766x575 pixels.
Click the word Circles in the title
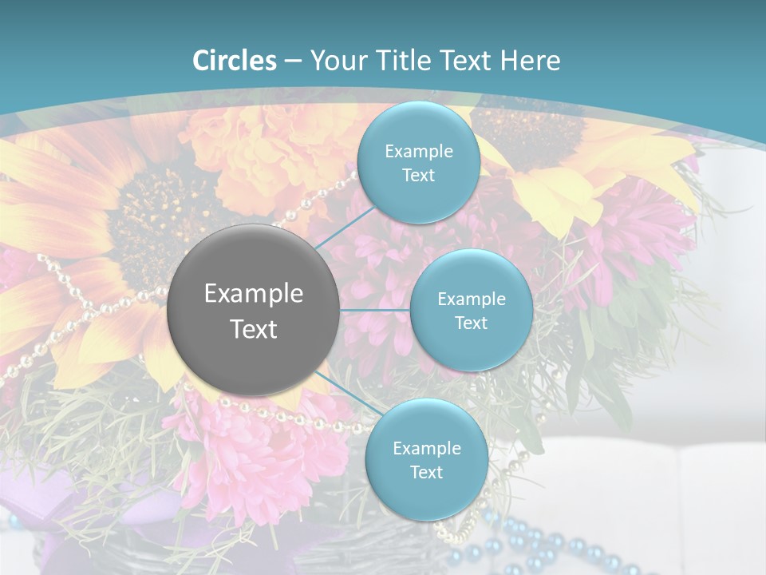point(234,61)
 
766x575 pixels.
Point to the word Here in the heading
point(531,61)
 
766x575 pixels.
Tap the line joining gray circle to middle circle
point(375,310)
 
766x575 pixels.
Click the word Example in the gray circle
point(254,294)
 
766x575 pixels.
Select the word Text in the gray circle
point(254,329)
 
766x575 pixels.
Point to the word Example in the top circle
point(418,151)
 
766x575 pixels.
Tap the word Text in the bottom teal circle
point(426,473)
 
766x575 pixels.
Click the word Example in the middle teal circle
point(472,299)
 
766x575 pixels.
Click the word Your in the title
point(336,61)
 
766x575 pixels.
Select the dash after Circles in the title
point(292,61)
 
